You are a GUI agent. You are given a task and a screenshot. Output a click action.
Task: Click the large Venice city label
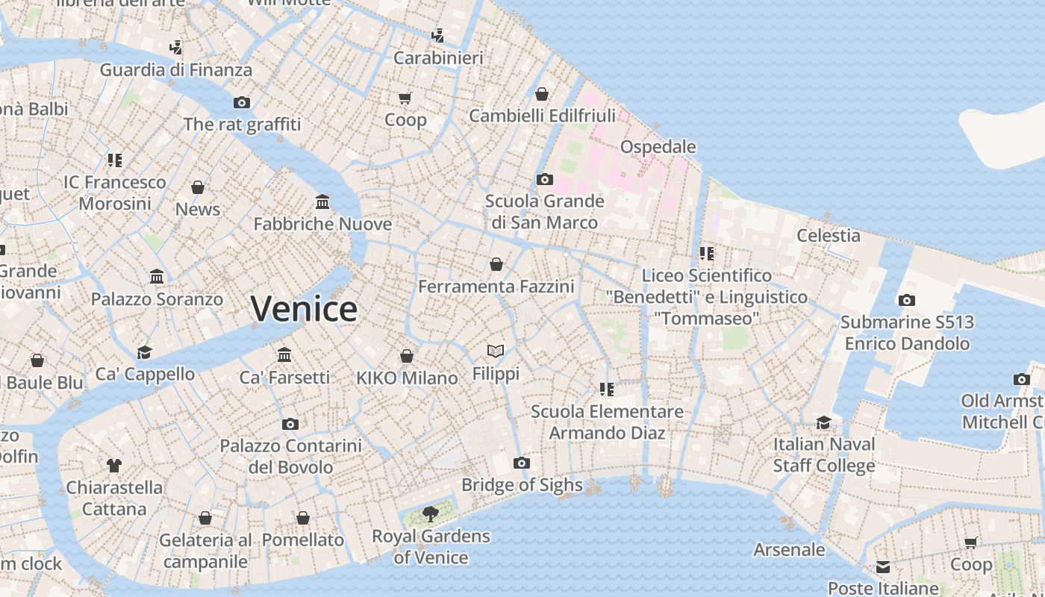(x=304, y=309)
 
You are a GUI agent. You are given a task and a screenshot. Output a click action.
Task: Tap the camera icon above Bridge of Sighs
(x=522, y=463)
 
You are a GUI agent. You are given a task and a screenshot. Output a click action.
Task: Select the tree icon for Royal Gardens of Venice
(x=430, y=513)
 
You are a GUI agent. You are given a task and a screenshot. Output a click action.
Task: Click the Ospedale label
(x=658, y=147)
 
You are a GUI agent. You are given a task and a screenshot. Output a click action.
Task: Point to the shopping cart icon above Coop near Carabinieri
(x=405, y=98)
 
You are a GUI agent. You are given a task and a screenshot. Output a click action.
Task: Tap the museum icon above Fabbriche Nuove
(x=322, y=201)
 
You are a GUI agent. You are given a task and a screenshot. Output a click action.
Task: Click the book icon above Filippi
(x=496, y=351)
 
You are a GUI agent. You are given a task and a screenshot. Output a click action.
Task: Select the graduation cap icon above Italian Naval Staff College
(x=823, y=422)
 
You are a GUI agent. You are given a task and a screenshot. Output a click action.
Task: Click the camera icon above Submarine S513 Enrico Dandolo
(x=907, y=300)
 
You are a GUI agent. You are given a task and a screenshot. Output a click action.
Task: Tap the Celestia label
(x=828, y=236)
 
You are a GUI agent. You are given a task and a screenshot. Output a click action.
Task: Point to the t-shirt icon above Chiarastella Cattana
(x=113, y=466)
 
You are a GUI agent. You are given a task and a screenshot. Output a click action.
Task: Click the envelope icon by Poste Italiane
(x=883, y=567)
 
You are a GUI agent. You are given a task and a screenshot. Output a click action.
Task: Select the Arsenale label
(x=789, y=550)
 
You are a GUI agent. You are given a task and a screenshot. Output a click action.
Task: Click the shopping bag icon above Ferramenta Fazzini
(x=496, y=264)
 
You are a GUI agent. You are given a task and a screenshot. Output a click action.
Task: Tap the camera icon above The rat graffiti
(x=241, y=102)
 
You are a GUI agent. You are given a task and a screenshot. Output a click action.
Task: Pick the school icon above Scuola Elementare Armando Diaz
(x=606, y=389)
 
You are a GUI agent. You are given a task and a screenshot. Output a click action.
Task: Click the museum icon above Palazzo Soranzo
(x=157, y=277)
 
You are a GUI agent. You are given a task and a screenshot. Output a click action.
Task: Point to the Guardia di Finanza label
(x=176, y=70)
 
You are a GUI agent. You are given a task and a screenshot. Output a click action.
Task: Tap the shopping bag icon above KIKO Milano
(x=407, y=356)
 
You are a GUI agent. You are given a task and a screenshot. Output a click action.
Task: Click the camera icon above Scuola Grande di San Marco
(x=544, y=179)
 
